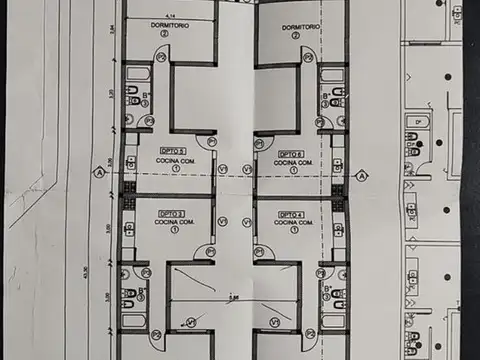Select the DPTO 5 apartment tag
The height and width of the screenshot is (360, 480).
[x=171, y=151]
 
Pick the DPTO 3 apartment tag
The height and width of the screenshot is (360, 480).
[x=171, y=214]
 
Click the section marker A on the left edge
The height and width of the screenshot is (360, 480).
[x=99, y=172]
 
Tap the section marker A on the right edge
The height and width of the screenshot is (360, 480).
[x=358, y=172]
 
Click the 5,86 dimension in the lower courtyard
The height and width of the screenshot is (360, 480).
[x=233, y=296]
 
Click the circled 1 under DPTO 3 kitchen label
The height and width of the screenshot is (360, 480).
[x=176, y=231]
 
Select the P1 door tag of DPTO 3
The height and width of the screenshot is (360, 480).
[x=209, y=252]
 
